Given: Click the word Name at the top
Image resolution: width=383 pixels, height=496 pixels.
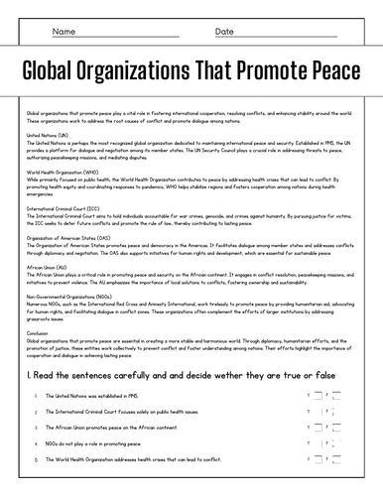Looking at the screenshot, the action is (64, 32).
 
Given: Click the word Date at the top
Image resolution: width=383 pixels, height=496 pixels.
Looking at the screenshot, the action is (224, 32).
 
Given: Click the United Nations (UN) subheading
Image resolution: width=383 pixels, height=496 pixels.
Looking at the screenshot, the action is (48, 135).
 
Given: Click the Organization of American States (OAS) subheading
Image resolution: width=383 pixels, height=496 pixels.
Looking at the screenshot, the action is (73, 239).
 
